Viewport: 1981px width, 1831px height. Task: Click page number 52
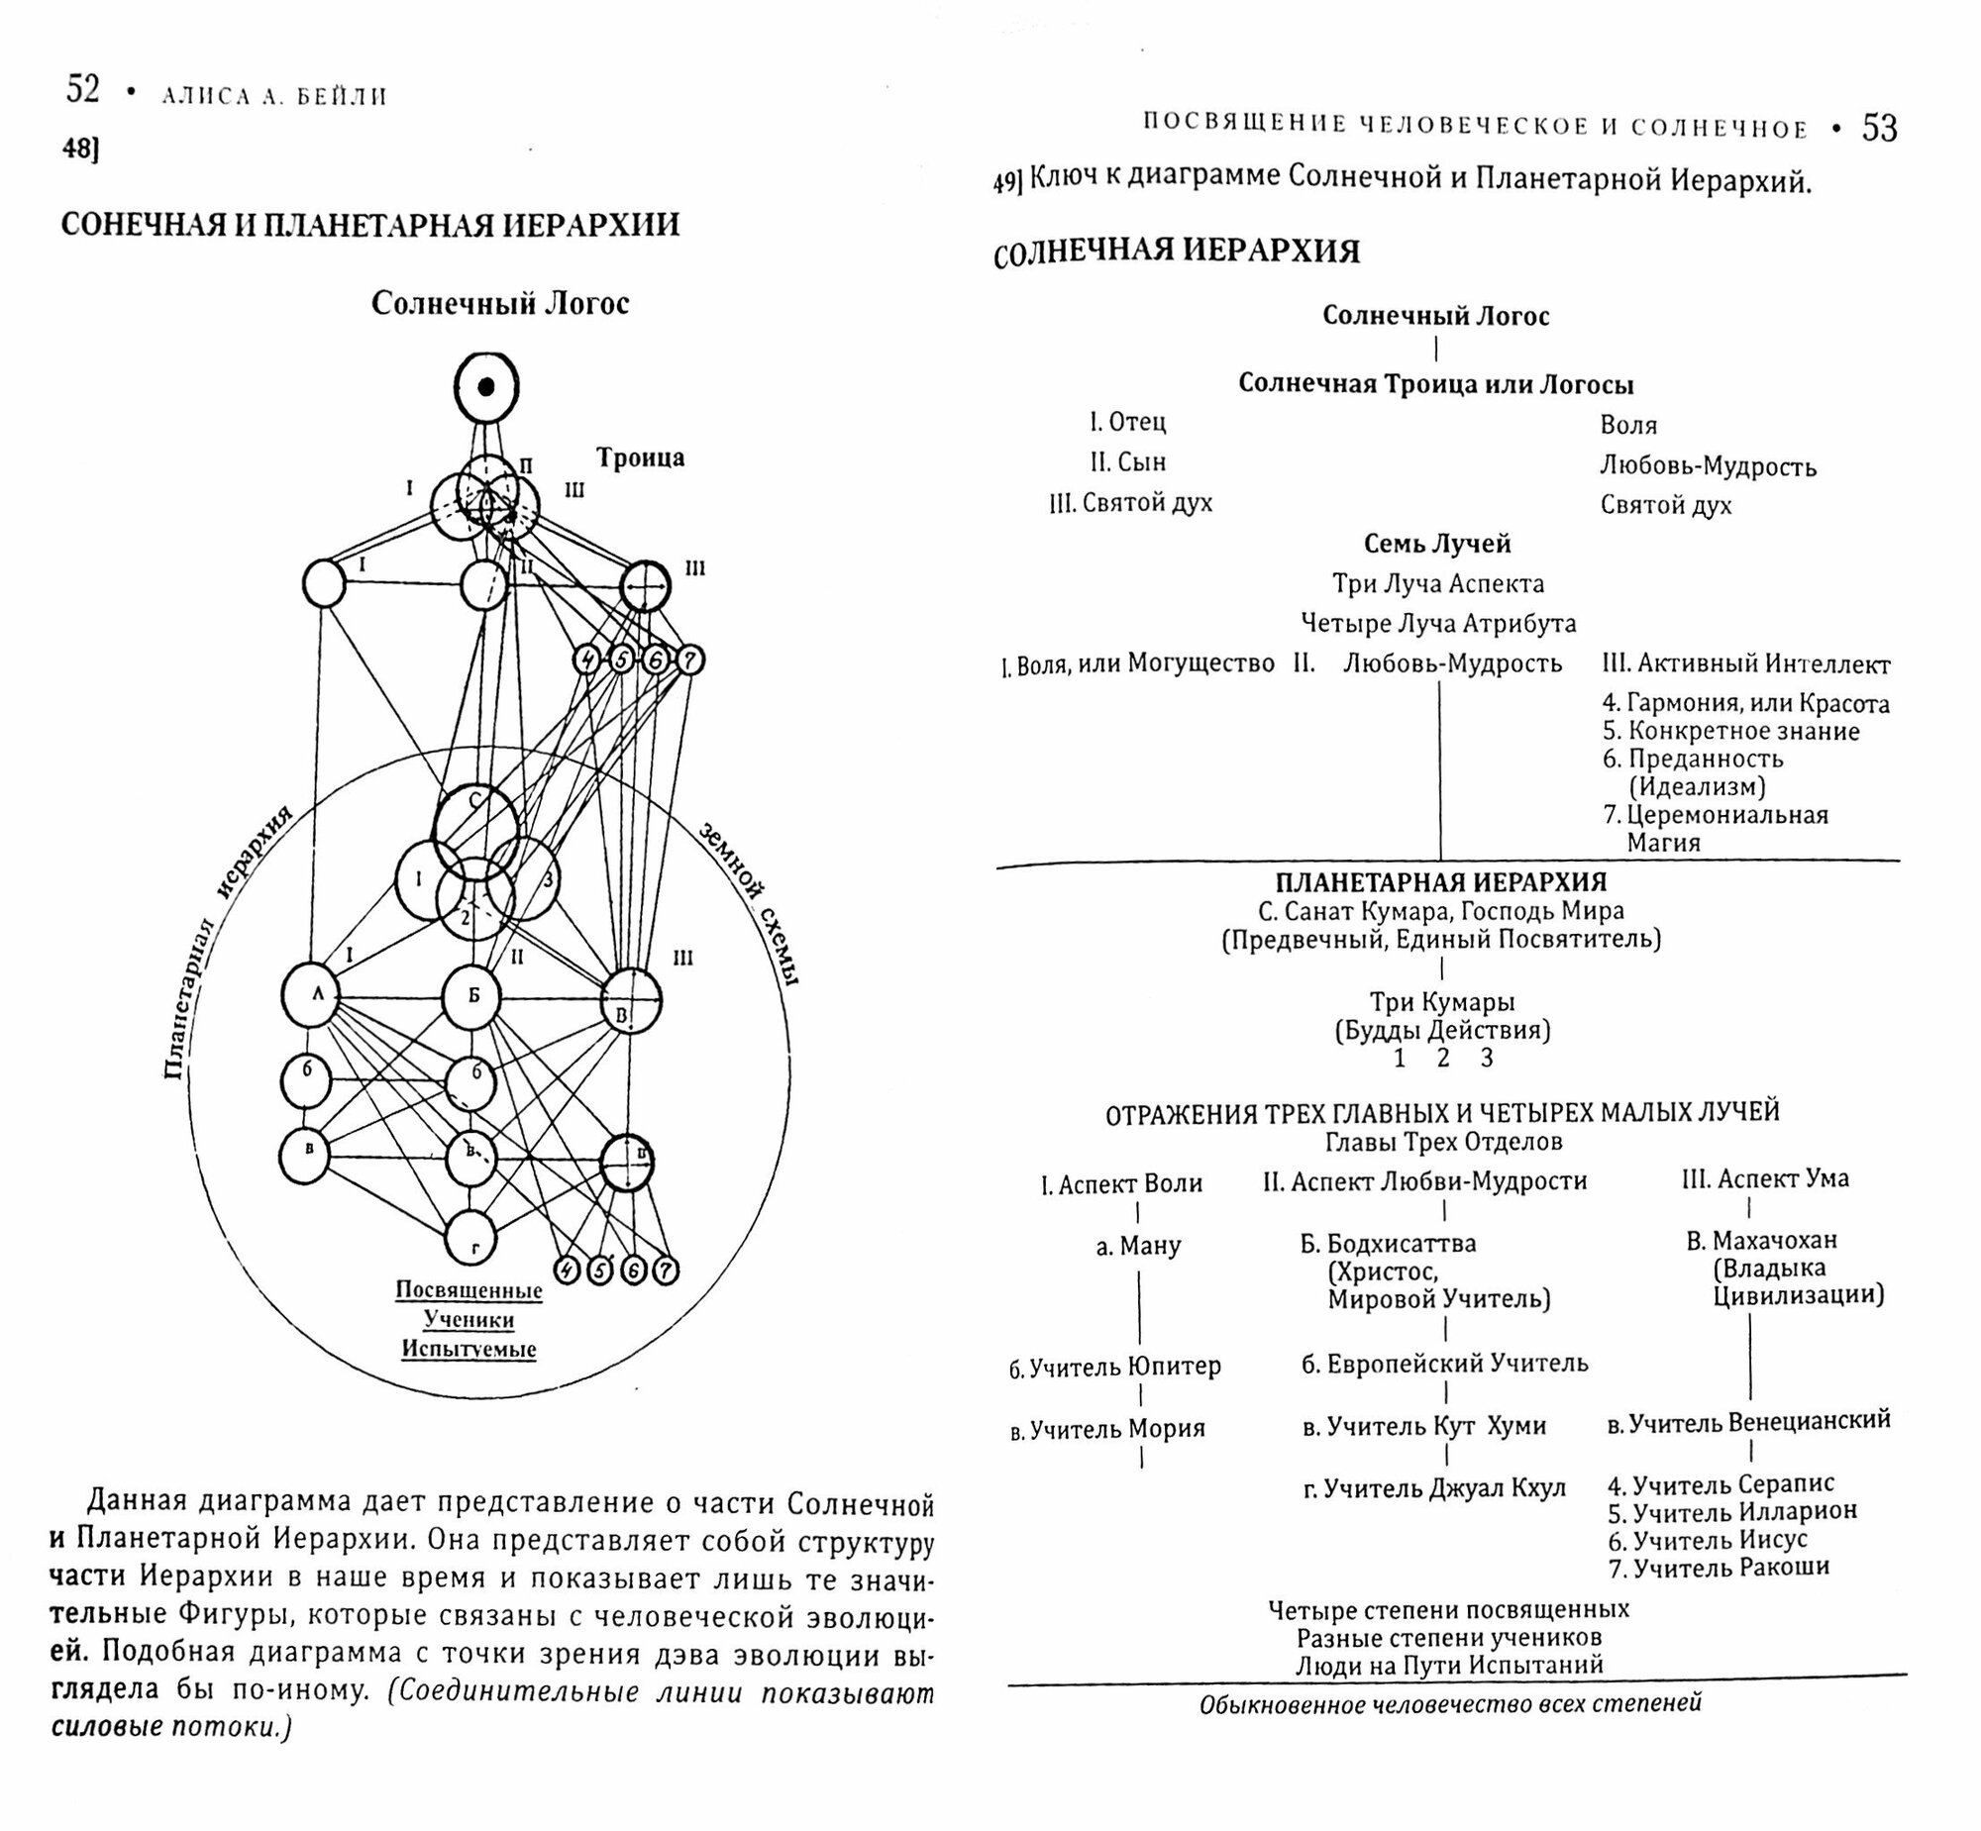click(83, 90)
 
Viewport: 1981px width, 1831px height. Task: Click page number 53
click(1880, 129)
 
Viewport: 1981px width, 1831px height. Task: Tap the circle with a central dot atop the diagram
click(485, 387)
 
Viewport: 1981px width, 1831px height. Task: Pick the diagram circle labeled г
click(470, 1239)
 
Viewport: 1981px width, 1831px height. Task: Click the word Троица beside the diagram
click(640, 458)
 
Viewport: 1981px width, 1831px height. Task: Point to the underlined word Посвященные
click(469, 1291)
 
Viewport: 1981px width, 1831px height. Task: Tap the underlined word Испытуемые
click(469, 1349)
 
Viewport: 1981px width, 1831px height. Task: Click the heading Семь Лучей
click(1437, 544)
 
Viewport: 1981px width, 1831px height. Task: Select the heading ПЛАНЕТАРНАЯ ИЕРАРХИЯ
click(1441, 881)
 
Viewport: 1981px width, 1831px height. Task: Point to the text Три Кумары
click(1442, 1002)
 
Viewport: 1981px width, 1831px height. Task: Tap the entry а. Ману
click(1139, 1246)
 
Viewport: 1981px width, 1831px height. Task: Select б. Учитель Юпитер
click(1115, 1368)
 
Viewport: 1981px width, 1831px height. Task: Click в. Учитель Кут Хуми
click(1424, 1426)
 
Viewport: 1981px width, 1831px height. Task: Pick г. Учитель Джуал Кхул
click(1435, 1487)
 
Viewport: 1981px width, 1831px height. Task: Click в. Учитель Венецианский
click(1749, 1422)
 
